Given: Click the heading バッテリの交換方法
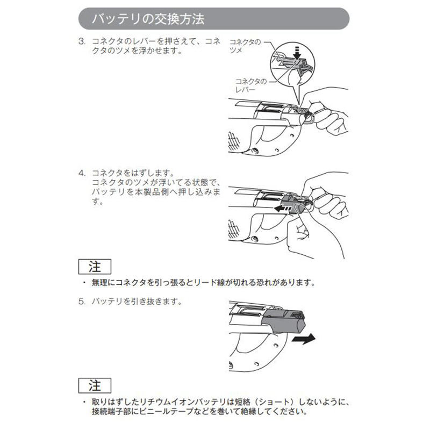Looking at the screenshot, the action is coord(148,19).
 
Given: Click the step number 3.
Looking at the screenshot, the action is coord(82,41).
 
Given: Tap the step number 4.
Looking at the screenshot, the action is coord(82,173).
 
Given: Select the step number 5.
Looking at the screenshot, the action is coord(82,302).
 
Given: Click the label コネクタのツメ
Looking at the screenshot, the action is coord(245,46).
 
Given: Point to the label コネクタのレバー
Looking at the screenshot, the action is coord(250,85).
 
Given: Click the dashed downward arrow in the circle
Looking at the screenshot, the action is coord(297,53).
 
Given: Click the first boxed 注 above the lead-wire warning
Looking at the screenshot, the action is coord(95,267).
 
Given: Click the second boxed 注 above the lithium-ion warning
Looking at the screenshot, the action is coord(95,385).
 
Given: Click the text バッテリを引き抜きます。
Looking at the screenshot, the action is coord(137,302).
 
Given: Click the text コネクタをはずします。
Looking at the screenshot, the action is coord(133,173).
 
